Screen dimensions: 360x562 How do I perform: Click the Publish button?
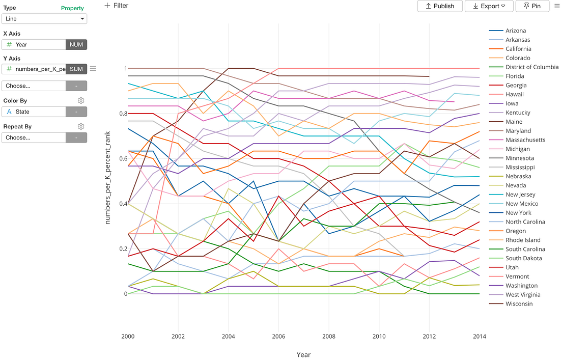[440, 6]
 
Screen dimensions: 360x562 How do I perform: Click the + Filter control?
[116, 6]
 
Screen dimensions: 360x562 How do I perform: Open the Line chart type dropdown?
[44, 19]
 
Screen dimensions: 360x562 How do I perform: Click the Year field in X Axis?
[34, 44]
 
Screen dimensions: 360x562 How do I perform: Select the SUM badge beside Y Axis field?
[76, 69]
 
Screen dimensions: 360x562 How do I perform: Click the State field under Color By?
[34, 112]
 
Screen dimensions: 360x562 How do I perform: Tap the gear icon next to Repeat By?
[80, 126]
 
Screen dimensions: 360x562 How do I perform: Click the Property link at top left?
[72, 8]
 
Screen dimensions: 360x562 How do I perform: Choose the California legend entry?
[518, 49]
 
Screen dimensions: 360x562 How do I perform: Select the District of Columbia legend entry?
[532, 67]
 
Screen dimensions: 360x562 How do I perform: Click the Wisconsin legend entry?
[519, 304]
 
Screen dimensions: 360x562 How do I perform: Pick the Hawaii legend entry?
[515, 94]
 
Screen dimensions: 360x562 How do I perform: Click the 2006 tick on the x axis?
[278, 337]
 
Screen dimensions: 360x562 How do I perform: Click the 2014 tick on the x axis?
[479, 337]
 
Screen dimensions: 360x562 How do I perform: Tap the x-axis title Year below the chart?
[303, 354]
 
